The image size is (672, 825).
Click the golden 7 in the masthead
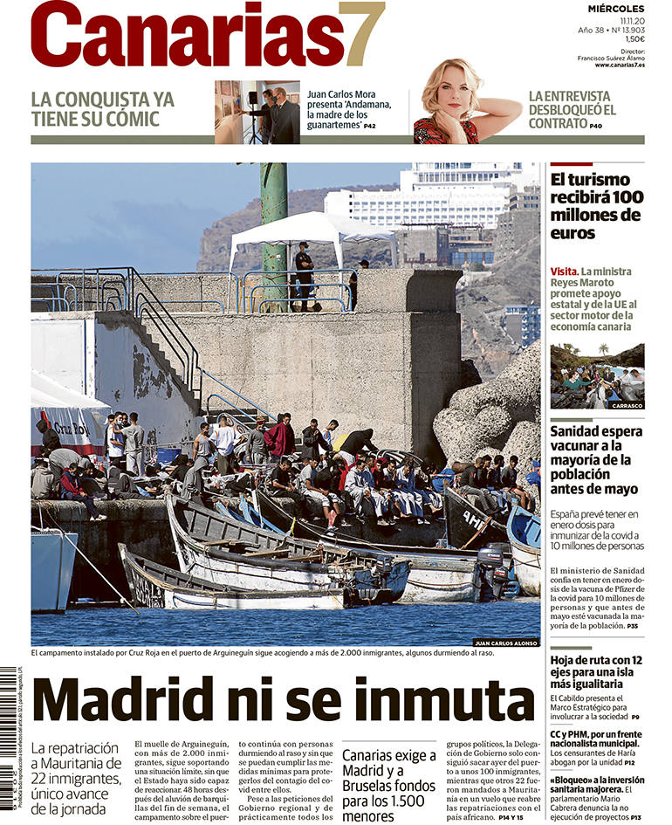coord(362,35)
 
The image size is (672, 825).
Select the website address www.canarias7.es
coord(620,65)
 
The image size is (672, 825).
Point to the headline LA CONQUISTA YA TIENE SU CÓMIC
coord(102,109)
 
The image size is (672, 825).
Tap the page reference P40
coord(595,126)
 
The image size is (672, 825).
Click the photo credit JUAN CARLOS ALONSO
coord(505,643)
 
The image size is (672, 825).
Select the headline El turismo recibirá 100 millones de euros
coord(596,207)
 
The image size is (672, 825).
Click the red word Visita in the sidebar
coord(564,272)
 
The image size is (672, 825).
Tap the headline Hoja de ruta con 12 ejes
coord(596,672)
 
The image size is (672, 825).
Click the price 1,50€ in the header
coord(634,38)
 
